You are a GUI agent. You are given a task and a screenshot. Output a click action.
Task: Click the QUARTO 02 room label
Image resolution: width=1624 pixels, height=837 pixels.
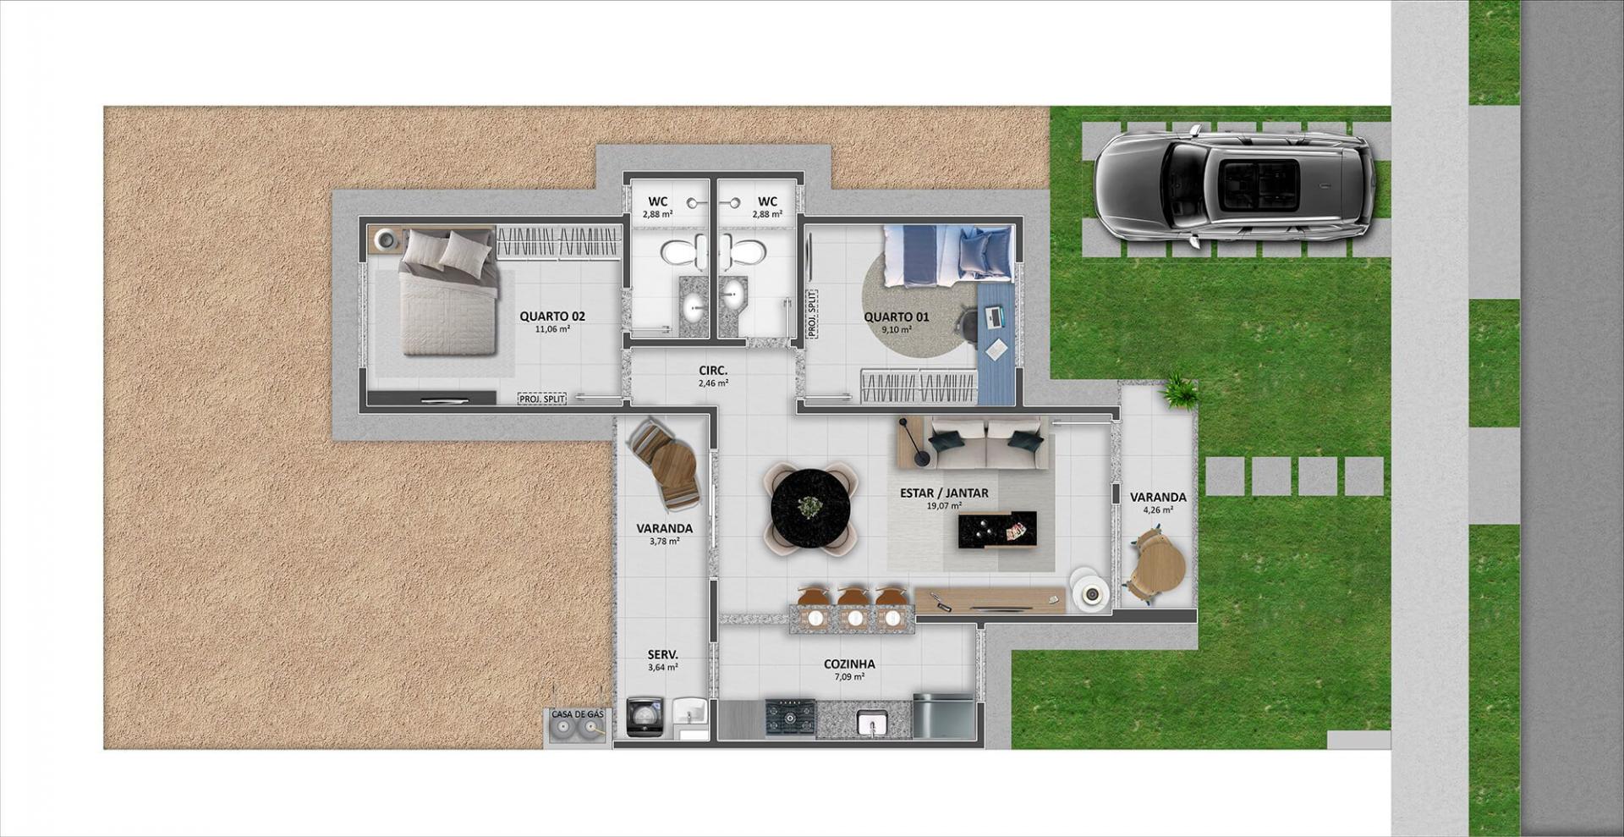(x=552, y=317)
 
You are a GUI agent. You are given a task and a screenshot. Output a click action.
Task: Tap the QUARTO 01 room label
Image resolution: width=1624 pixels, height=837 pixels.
(x=897, y=317)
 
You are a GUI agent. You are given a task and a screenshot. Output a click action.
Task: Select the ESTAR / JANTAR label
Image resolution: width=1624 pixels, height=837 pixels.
(x=944, y=493)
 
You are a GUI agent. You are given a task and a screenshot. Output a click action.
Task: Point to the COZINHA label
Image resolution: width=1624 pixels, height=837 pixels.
(x=849, y=664)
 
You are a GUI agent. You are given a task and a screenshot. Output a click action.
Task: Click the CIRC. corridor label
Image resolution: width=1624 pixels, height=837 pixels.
(x=713, y=371)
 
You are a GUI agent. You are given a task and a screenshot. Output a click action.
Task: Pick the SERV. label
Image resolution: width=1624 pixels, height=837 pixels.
(x=662, y=655)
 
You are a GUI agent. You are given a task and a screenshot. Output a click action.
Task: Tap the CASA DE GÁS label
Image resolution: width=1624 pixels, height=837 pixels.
(x=578, y=715)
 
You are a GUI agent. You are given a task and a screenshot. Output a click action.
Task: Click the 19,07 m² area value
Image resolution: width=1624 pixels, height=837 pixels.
(x=944, y=506)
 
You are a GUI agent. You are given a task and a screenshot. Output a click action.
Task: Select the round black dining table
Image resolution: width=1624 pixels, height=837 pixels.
(x=810, y=509)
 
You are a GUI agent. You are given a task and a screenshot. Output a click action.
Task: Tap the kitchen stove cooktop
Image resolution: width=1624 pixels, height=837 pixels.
(x=791, y=718)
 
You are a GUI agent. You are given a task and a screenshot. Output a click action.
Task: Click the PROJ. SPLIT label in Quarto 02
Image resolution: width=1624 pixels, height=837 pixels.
(x=541, y=399)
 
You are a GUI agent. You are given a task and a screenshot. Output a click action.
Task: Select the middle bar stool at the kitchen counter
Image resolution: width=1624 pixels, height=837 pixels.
(x=853, y=608)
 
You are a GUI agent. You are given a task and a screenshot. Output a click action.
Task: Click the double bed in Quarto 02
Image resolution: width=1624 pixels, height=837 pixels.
(x=447, y=292)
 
